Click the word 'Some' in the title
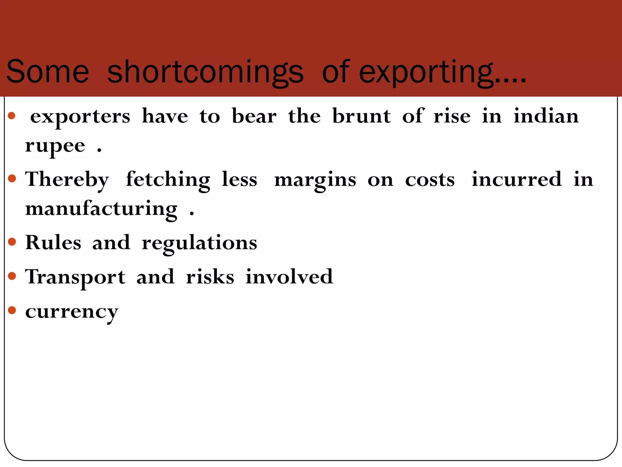click(x=48, y=72)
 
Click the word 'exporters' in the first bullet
click(x=80, y=117)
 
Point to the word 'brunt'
click(x=361, y=116)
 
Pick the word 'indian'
click(x=546, y=116)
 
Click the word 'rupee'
click(x=55, y=146)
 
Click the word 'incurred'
click(x=517, y=179)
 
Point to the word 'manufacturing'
click(x=101, y=209)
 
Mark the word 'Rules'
click(x=53, y=243)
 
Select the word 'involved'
click(x=289, y=277)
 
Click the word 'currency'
click(x=72, y=312)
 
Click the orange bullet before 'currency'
click(x=12, y=310)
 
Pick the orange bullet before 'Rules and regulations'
click(x=12, y=242)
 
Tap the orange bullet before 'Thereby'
click(x=12, y=178)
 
